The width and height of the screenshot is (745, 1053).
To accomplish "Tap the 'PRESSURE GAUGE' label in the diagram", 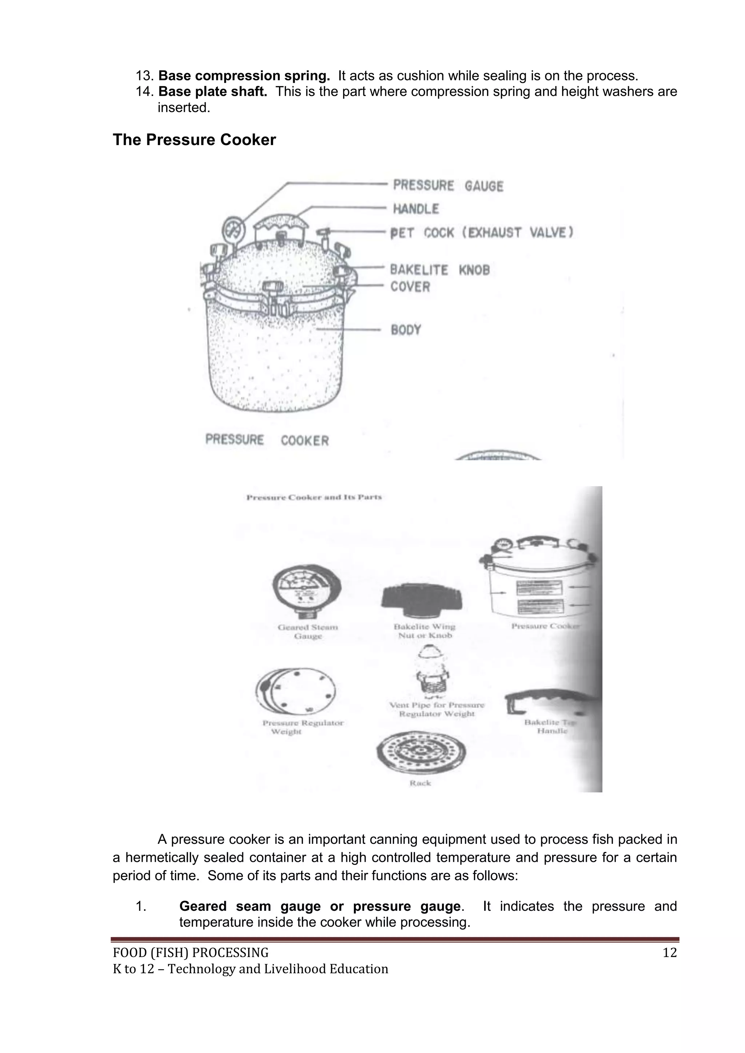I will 448,186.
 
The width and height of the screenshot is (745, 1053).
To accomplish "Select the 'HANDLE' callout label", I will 416,209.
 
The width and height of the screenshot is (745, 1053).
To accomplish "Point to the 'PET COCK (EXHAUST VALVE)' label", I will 481,233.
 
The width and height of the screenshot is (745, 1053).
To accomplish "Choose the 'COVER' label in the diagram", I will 410,287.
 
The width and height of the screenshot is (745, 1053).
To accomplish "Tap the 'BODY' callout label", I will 406,330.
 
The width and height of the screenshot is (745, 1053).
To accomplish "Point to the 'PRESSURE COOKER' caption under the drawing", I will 267,440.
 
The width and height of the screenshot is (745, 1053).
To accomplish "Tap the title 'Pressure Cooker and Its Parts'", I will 314,497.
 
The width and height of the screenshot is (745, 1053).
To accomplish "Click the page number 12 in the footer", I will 669,953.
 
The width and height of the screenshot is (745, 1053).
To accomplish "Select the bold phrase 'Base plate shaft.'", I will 212,92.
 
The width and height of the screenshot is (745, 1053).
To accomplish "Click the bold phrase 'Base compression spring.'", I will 244,76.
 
